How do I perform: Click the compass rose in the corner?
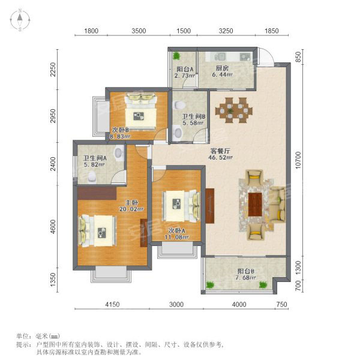(20, 20)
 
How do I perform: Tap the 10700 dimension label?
(298, 160)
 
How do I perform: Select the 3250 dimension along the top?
(226, 31)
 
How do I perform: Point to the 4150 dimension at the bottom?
(112, 304)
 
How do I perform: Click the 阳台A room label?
(185, 69)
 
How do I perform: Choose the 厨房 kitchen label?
(222, 68)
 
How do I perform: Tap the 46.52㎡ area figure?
(220, 157)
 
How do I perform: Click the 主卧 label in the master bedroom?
(131, 203)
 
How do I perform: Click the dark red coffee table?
(255, 205)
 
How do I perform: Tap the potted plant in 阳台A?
(177, 56)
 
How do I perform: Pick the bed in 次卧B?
(140, 112)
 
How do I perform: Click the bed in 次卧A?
(181, 206)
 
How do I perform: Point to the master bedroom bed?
(97, 230)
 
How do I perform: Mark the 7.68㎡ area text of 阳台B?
(247, 278)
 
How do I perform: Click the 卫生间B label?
(194, 116)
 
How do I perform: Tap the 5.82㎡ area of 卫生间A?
(94, 164)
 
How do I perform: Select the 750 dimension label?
(282, 304)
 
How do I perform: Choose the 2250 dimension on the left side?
(53, 70)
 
